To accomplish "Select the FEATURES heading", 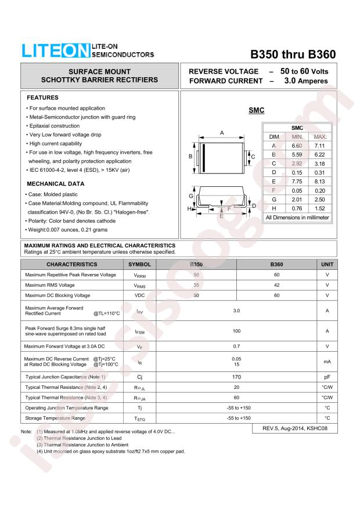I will [x=43, y=97].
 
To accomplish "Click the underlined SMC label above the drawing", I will [x=257, y=110].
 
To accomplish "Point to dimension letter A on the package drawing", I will [x=222, y=133].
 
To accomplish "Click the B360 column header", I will [x=276, y=264].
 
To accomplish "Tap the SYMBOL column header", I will [x=139, y=264].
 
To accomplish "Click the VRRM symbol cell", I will [x=139, y=275].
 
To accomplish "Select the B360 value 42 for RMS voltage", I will [x=276, y=285].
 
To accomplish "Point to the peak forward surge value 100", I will [x=236, y=331].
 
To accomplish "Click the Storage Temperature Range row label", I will [x=55, y=418].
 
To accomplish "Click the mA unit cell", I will [x=327, y=362].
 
